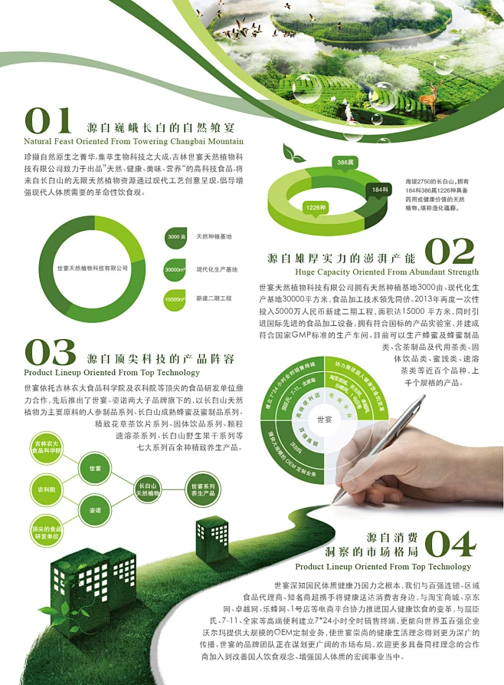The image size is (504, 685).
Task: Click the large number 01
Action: [x=48, y=121]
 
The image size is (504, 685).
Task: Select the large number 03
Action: [x=50, y=353]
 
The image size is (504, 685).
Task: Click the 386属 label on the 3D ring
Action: [x=345, y=163]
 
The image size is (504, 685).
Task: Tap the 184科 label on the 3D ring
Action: [x=379, y=189]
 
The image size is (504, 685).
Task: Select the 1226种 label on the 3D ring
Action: [x=316, y=207]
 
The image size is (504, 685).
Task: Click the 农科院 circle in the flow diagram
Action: [x=46, y=488]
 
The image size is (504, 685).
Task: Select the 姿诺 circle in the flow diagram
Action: [x=95, y=510]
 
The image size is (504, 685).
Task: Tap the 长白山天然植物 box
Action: [x=148, y=489]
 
